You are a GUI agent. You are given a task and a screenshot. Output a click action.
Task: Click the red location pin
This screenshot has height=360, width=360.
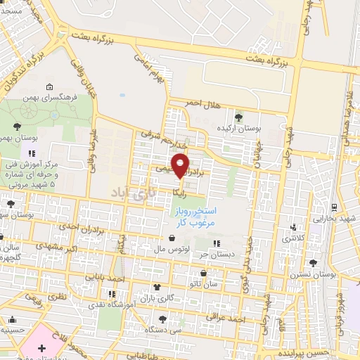(181, 165)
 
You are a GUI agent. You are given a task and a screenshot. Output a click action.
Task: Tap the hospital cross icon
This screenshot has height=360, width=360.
(41, 349)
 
